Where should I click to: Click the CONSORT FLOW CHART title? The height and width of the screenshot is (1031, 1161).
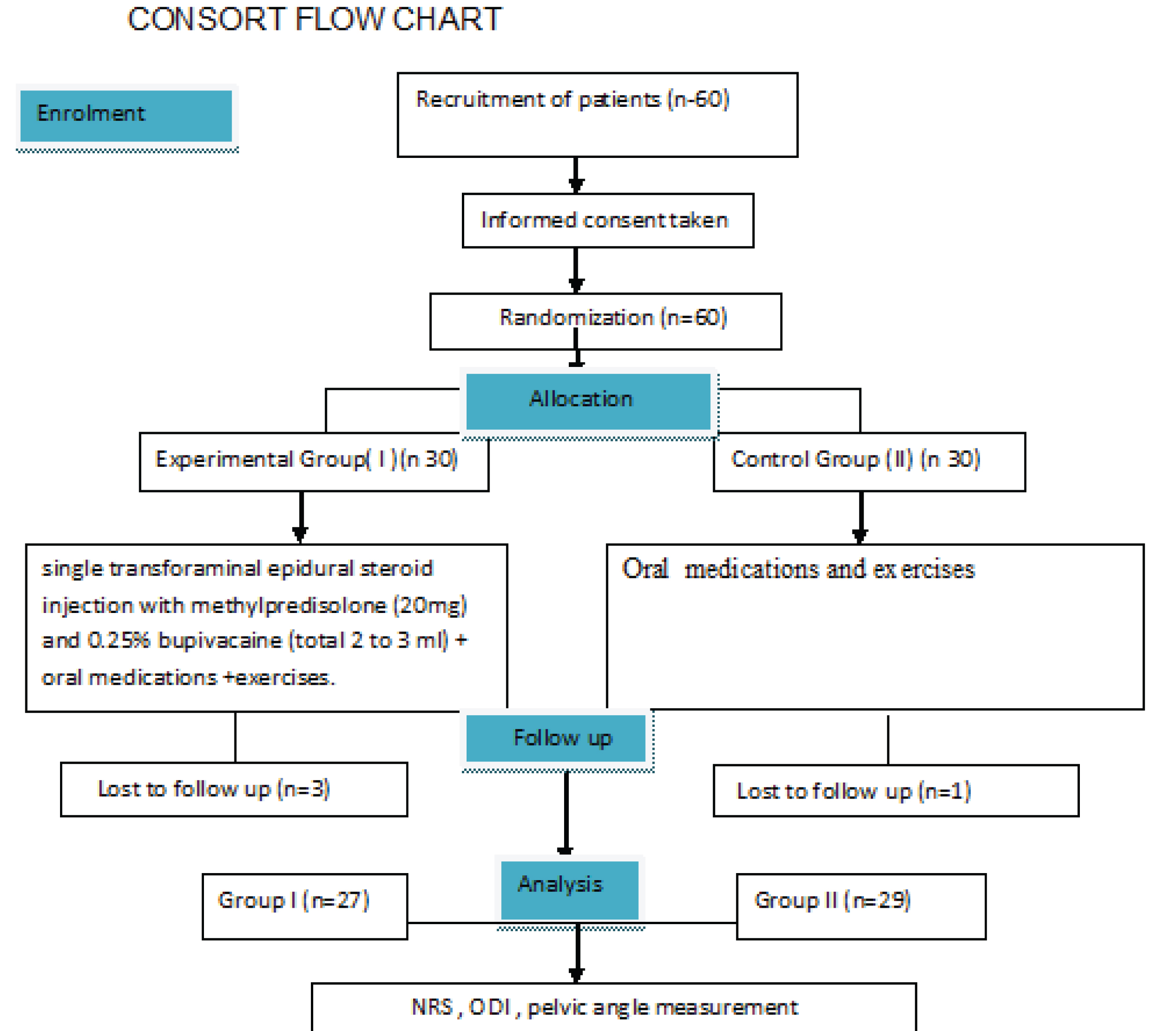tap(314, 19)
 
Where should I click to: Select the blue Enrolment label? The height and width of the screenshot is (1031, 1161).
tap(126, 115)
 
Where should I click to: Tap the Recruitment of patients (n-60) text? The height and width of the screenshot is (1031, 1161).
tap(572, 99)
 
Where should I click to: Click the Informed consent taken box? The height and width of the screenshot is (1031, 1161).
tap(607, 220)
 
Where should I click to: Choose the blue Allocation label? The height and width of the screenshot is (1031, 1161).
tap(588, 401)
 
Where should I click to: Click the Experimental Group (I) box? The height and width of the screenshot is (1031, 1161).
tap(314, 462)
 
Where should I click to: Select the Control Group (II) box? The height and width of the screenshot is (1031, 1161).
tap(868, 462)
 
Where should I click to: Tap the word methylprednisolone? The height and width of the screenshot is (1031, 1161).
tap(288, 606)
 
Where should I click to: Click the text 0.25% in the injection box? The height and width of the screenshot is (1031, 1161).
tap(119, 641)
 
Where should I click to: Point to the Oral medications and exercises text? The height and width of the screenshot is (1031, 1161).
tap(798, 569)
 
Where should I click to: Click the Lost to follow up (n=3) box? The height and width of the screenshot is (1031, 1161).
tap(234, 789)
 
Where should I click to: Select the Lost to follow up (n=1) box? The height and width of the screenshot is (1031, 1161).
tap(895, 791)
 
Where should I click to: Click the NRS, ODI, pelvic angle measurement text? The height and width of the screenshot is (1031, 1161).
tap(604, 1007)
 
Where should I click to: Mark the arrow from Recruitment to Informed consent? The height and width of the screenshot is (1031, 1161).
tap(576, 175)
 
